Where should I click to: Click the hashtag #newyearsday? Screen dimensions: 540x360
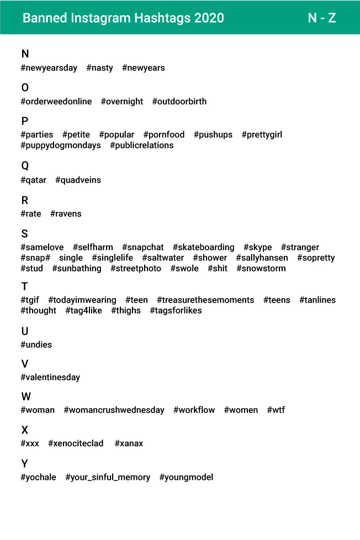pos(49,68)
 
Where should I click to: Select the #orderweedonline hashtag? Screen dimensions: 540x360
pos(56,102)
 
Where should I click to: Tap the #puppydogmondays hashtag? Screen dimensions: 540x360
pos(61,145)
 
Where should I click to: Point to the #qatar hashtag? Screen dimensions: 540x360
pos(34,180)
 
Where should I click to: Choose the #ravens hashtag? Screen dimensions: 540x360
pos(66,214)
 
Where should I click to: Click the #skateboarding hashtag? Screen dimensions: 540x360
pos(204,247)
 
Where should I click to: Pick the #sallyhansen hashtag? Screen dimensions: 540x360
pos(262,258)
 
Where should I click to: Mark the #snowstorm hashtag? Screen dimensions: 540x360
pos(261,268)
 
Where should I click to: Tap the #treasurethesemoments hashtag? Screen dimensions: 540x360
pos(205,300)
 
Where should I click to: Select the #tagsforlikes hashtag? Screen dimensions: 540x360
pos(176,310)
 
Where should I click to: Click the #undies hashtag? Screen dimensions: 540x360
pos(36,345)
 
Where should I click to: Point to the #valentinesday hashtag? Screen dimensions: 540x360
pos(50,377)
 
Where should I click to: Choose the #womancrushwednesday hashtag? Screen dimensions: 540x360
pos(114,410)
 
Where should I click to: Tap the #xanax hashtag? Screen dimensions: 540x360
pos(129,443)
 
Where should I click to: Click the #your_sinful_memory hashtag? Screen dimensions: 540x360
pos(108,477)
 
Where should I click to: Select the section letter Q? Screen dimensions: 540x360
pos(25,166)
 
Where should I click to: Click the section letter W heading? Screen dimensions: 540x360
pos(26,396)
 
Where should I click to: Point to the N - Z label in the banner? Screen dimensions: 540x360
pos(322,18)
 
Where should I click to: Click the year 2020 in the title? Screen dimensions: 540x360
pos(209,18)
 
